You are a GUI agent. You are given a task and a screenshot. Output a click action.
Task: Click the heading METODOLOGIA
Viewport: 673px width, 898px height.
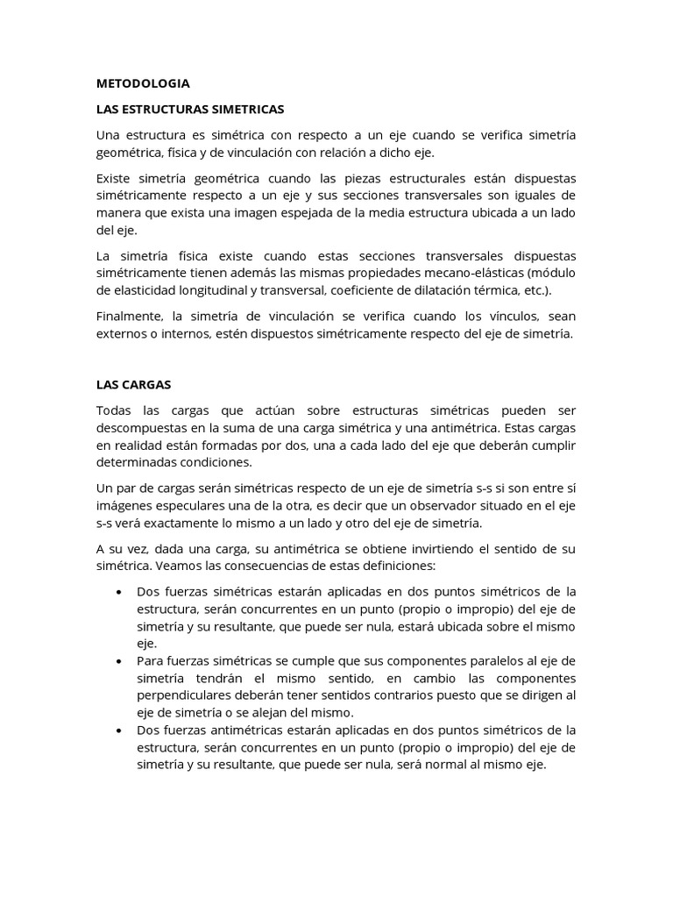(143, 83)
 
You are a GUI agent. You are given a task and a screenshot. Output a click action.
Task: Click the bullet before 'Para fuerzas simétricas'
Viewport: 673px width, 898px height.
(118, 660)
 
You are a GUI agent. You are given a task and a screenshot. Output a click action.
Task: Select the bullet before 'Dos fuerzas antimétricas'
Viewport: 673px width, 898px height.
(118, 730)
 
